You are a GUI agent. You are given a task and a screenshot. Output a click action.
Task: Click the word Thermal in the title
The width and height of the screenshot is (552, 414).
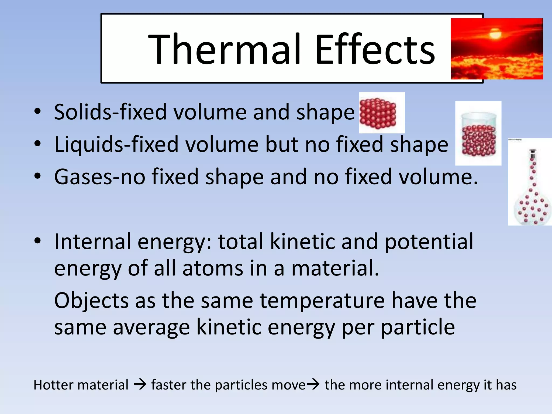[x=224, y=49]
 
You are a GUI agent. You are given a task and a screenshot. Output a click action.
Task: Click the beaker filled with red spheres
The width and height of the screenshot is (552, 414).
[x=478, y=135]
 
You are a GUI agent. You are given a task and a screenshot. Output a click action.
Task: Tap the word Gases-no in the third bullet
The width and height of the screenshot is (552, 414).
[x=99, y=177]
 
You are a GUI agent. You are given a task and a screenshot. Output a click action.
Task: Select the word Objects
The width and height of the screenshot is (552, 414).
[x=91, y=301]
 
